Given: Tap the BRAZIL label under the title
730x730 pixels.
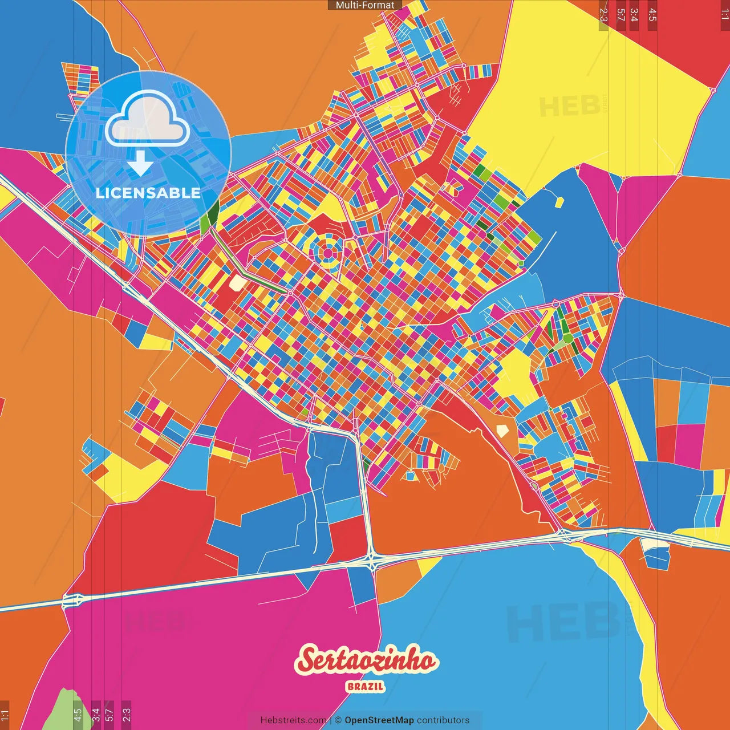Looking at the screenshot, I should point(366,687).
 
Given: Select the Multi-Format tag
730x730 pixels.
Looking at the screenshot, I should point(365,5).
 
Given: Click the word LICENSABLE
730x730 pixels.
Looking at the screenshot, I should point(148,193).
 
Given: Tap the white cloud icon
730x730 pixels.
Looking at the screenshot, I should point(148,117).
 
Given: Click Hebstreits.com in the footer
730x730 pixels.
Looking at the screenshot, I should point(293,720).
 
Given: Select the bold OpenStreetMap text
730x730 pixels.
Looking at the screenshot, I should point(379,720).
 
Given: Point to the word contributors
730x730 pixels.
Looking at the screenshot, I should point(443,720).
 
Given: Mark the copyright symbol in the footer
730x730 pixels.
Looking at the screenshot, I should point(338,720).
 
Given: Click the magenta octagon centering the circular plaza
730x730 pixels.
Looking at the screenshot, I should point(328,252).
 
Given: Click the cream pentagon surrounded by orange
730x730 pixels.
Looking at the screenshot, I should point(502,430).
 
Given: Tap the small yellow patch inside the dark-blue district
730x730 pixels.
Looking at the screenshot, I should point(559,202).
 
